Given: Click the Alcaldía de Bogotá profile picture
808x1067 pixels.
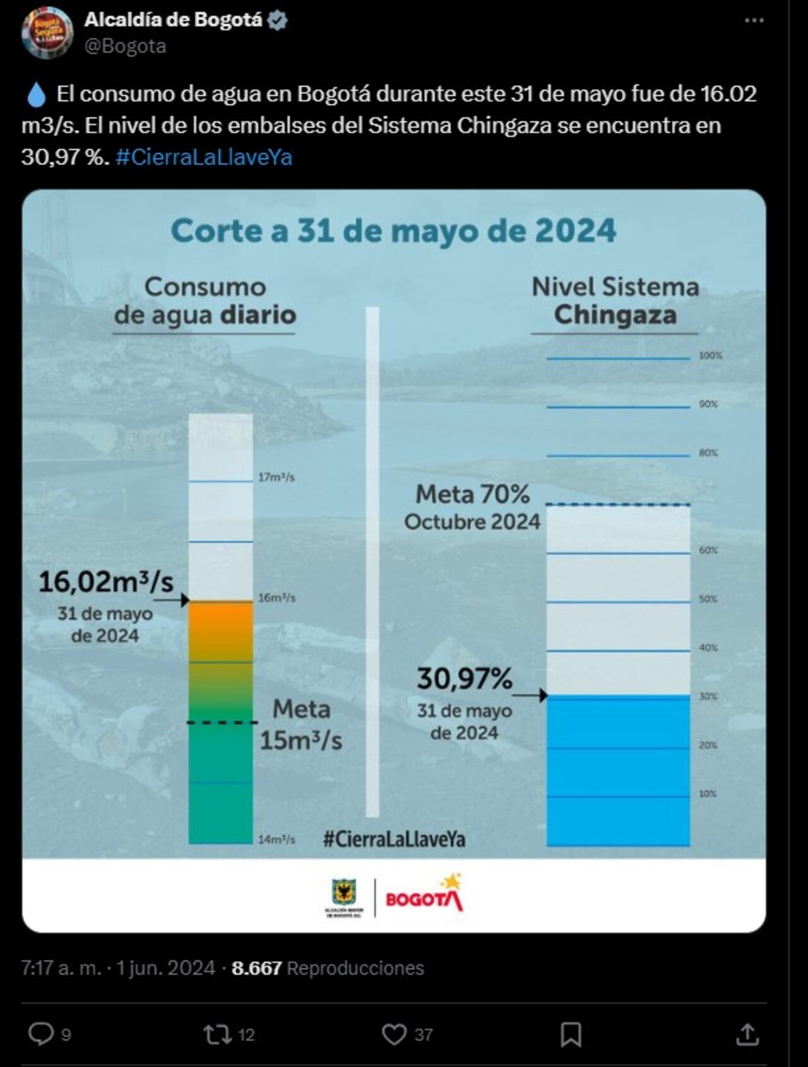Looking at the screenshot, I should [47, 33].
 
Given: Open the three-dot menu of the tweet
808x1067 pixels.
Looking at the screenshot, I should [754, 21].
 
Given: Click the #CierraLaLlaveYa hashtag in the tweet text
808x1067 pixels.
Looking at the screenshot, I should [204, 157].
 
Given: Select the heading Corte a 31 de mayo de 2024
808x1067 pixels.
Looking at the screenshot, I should [393, 230].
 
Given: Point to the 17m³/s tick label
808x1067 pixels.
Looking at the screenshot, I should [276, 478].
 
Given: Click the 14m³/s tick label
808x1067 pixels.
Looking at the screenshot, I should [276, 840].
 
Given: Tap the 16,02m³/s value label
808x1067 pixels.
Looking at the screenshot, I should [105, 582].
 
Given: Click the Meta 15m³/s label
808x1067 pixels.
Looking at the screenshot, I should [301, 724].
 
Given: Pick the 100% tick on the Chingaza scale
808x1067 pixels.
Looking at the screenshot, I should [710, 356].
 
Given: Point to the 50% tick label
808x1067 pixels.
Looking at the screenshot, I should [708, 599].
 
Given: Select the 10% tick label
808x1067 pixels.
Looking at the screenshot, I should [708, 794].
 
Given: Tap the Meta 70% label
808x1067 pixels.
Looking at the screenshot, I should [472, 495].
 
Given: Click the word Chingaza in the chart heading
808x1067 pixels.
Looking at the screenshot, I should [615, 315].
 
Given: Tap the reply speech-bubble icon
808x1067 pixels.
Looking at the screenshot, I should [42, 1034].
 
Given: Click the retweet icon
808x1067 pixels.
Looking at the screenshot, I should [217, 1034].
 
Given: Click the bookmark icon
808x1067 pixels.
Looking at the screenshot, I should [571, 1034].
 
